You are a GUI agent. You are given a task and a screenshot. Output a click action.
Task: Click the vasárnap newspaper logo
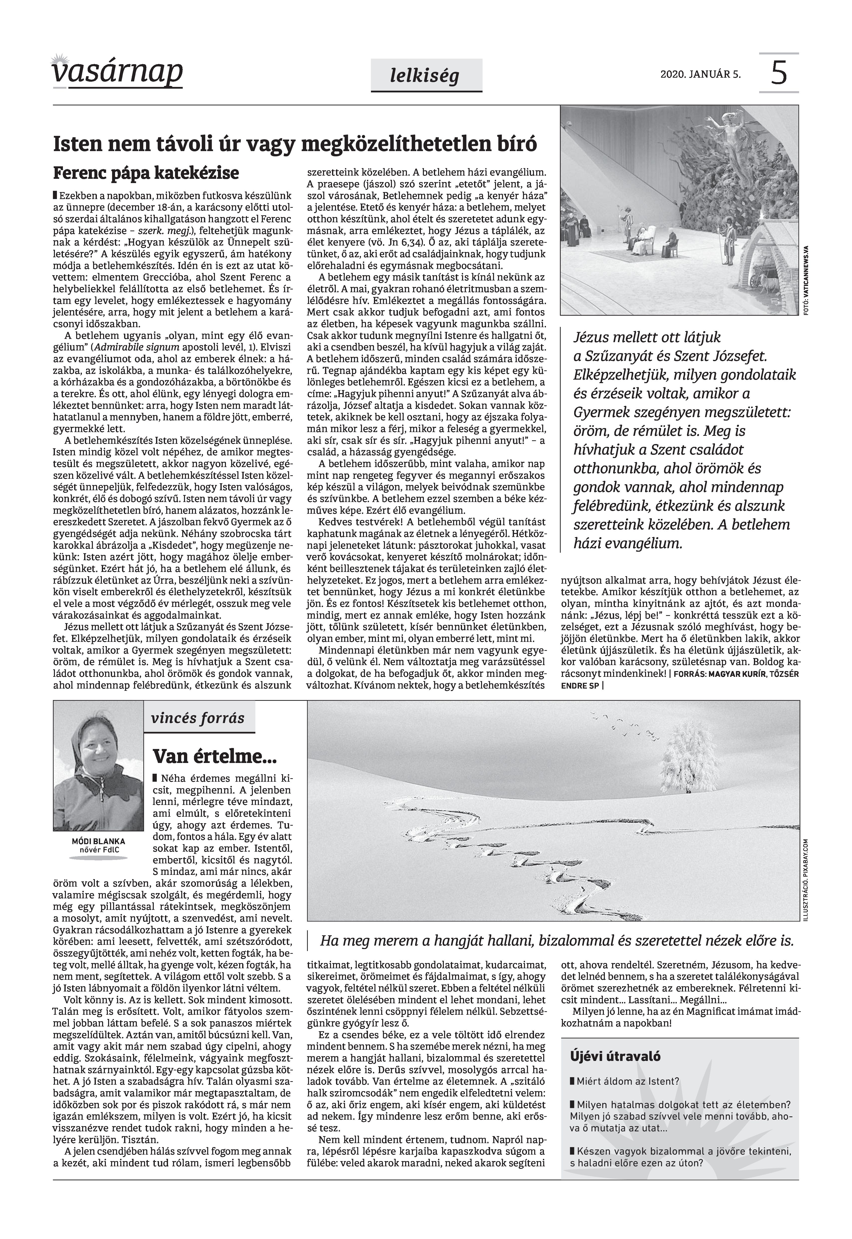tap(117, 72)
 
